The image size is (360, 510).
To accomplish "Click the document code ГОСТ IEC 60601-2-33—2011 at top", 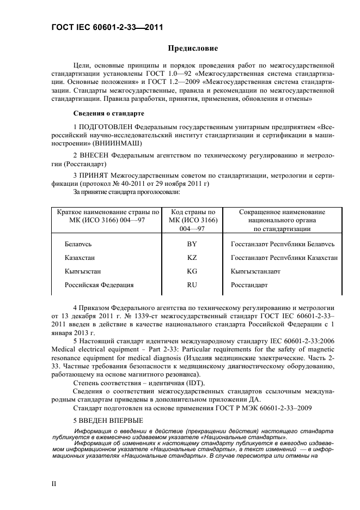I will pos(107,27).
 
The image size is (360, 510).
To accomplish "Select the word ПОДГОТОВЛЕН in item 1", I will pos(109,126).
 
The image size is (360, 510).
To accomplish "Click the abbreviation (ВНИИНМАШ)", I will pos(117,143).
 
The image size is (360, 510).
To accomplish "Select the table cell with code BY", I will pos(192,245).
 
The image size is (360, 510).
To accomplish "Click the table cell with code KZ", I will pos(192,258).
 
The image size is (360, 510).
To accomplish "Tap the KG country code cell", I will pos(192,271).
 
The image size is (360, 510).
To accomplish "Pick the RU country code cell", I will pos(192,284).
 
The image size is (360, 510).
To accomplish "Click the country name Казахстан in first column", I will pos(83,258).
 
